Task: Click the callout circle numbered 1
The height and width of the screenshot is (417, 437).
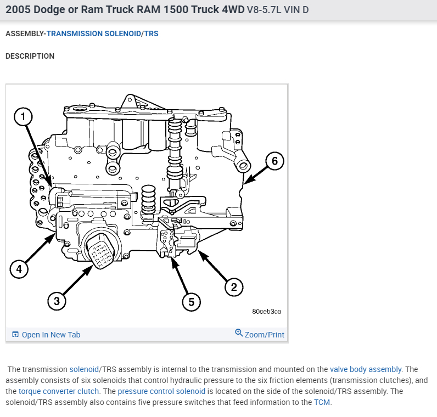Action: pyautogui.click(x=23, y=116)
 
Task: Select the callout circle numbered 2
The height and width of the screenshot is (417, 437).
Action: pyautogui.click(x=233, y=286)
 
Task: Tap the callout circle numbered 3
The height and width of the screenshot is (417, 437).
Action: pyautogui.click(x=56, y=300)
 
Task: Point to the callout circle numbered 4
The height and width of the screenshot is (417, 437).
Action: pyautogui.click(x=19, y=269)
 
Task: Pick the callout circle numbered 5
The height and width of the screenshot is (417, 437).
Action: pyautogui.click(x=191, y=301)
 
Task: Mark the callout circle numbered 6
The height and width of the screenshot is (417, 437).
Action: pyautogui.click(x=274, y=160)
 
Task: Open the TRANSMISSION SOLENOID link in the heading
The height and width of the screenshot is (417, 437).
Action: pyautogui.click(x=94, y=33)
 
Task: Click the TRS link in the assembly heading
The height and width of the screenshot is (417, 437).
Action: pyautogui.click(x=151, y=33)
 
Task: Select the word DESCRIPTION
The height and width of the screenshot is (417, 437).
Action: pyautogui.click(x=30, y=56)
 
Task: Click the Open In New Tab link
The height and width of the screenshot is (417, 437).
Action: pyautogui.click(x=51, y=335)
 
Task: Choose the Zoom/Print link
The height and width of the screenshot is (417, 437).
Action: pyautogui.click(x=264, y=334)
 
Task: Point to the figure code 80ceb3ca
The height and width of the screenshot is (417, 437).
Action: pyautogui.click(x=267, y=311)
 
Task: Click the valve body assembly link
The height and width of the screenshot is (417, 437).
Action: pyautogui.click(x=366, y=369)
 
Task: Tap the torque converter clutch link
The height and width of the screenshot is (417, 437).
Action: pyautogui.click(x=59, y=391)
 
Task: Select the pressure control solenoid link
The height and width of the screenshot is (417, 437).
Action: pyautogui.click(x=161, y=391)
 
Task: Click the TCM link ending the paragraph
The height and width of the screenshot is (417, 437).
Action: pyautogui.click(x=322, y=402)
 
